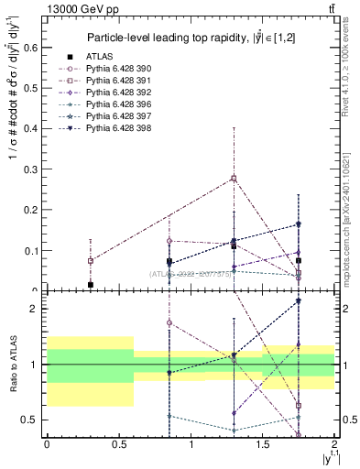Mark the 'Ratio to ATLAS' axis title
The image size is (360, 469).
13,364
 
